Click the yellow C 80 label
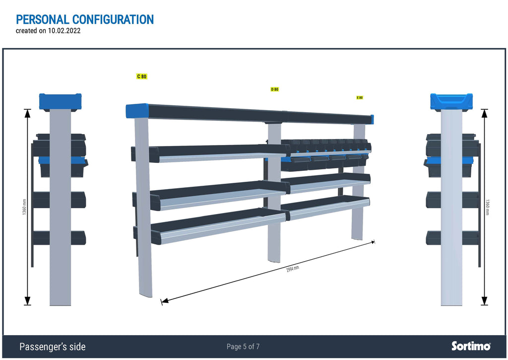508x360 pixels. coord(141,76)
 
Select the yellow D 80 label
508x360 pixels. coord(274,89)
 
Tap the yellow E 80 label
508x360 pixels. coord(360,98)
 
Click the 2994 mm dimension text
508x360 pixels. coord(293,269)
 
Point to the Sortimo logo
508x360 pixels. coord(471,346)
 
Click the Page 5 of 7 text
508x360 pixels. coord(243,347)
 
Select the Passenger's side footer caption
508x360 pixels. coord(53,347)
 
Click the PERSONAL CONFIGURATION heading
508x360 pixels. coord(85,19)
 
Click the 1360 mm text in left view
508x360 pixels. coord(24,207)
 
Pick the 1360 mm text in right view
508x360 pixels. coord(487,207)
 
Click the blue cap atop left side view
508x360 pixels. coord(60,101)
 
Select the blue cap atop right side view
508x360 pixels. coord(451,101)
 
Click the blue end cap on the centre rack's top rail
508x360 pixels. coord(137,111)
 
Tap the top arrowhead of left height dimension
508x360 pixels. coord(28,113)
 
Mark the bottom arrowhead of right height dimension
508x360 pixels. coord(484,301)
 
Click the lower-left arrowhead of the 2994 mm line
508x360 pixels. coord(165,301)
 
